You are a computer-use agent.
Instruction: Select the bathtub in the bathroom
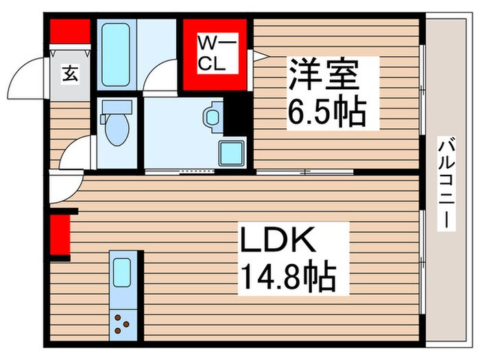coord(117,55)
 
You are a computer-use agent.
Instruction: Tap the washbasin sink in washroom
coord(213,117)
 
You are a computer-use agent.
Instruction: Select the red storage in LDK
coord(60,234)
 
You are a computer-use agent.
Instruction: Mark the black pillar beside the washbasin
coord(237,113)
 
